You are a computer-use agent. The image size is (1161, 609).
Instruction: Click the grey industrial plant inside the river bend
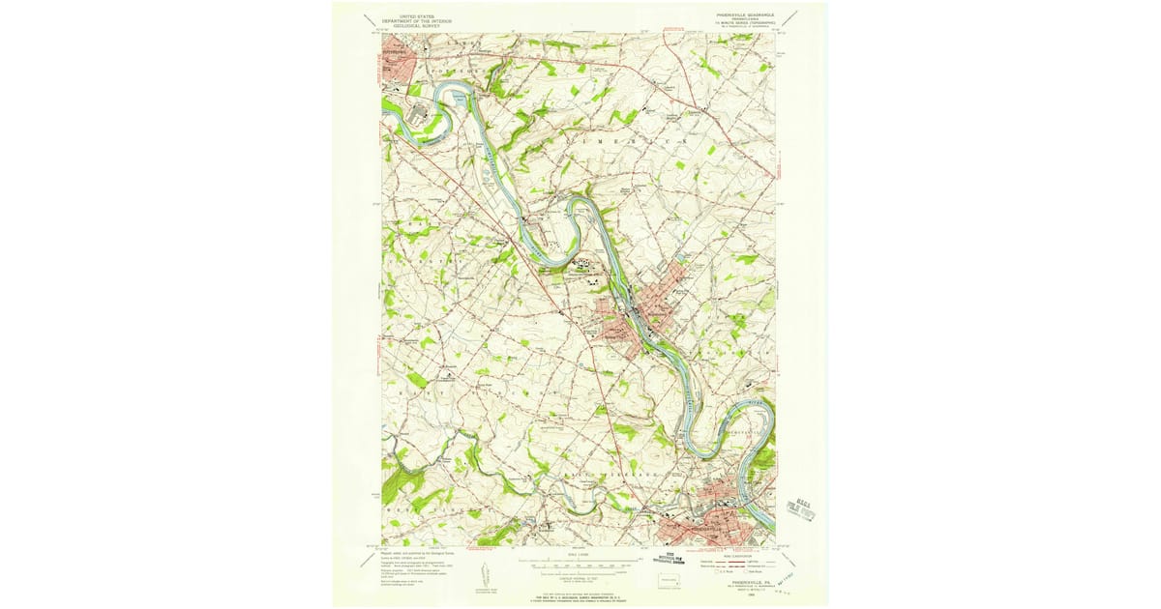pos(419,115)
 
